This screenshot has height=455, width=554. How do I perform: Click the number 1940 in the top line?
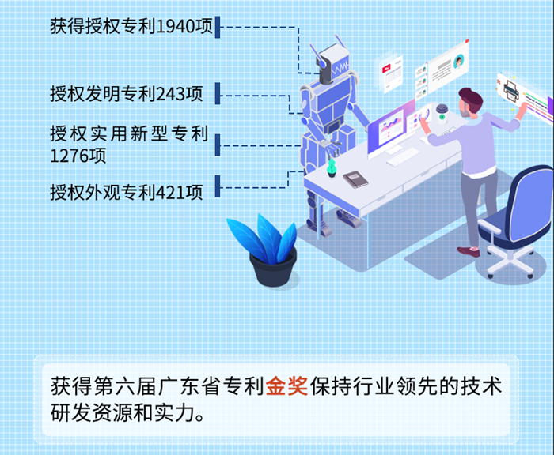pos(176,26)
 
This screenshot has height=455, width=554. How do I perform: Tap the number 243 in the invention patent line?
pos(172,94)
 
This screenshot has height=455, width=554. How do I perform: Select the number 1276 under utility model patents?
pos(70,156)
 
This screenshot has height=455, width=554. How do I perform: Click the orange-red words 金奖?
pos(286,385)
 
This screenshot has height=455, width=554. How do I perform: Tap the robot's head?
pos(332,64)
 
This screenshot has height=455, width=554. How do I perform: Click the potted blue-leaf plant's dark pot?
pos(273,267)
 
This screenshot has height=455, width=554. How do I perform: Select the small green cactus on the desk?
pos(331,167)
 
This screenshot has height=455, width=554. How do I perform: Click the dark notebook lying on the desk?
pos(355,179)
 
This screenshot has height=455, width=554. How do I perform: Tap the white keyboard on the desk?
pos(403,156)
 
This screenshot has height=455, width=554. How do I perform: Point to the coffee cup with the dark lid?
pos(442,114)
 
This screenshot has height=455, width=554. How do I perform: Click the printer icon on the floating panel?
pos(511,91)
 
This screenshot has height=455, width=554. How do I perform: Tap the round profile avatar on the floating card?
pos(458,61)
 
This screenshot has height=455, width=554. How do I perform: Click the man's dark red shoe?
pos(469,251)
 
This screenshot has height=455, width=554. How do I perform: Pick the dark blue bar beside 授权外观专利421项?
pos(218,186)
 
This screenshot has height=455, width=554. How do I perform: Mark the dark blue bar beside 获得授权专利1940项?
pos(218,27)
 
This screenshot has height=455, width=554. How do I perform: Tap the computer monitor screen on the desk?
pos(390,129)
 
